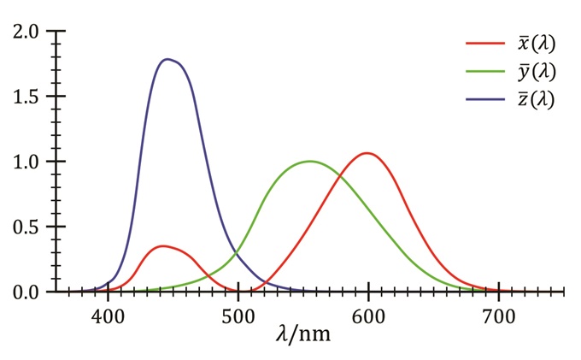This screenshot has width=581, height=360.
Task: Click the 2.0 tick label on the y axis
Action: click(23, 31)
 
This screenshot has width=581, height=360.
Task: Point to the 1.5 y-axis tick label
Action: click(23, 96)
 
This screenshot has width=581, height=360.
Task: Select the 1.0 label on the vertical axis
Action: click(23, 162)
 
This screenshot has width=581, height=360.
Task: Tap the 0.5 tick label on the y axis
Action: click(23, 227)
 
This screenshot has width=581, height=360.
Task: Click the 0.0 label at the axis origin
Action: click(23, 292)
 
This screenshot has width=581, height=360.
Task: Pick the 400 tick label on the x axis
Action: click(108, 313)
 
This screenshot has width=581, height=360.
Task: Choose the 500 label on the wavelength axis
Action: click(238, 313)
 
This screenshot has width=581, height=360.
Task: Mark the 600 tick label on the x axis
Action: click(368, 313)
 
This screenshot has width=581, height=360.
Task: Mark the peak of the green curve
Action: click(309, 161)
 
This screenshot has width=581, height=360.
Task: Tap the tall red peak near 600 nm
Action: click(367, 153)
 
